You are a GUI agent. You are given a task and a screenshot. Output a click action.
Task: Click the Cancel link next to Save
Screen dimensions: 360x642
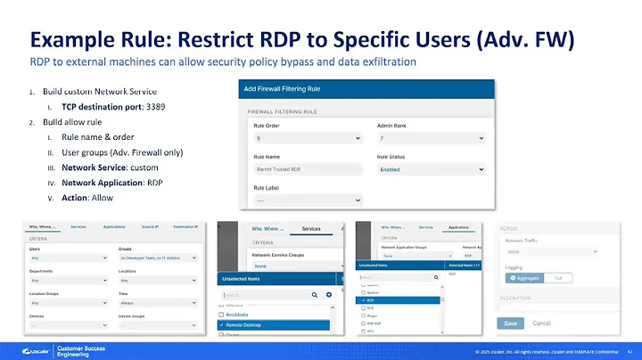pos(540,323)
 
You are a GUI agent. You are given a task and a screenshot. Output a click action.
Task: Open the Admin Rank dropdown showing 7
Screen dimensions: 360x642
pos(432,140)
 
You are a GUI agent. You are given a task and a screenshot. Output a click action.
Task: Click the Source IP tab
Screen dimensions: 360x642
pos(151,227)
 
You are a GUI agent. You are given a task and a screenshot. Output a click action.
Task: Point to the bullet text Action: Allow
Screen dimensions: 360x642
pos(86,197)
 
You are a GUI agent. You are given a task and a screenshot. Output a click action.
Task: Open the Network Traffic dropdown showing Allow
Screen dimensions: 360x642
pos(558,252)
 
